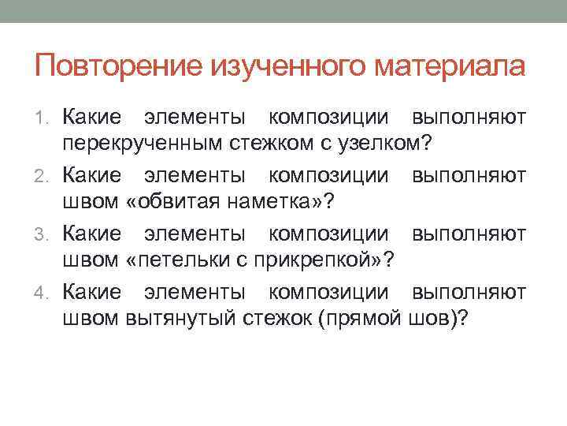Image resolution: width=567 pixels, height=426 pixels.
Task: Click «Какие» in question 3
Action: point(92,234)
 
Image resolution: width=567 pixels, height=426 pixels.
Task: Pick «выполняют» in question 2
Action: point(469,176)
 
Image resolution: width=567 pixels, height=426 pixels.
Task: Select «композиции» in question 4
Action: point(328,293)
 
